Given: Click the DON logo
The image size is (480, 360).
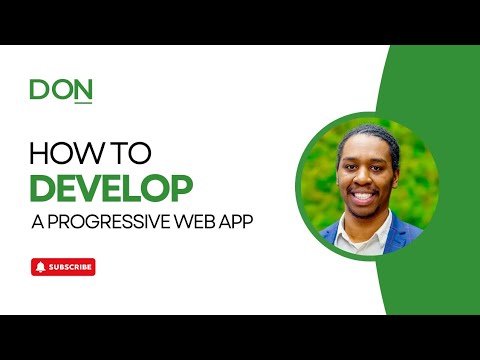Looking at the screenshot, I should [x=61, y=90].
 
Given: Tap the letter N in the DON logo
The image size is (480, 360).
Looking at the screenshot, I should [x=82, y=90].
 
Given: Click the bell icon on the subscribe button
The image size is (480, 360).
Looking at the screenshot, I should [x=40, y=267].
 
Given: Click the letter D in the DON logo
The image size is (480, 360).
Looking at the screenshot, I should [x=39, y=90].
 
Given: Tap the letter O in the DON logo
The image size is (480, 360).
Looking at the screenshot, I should [x=60, y=90].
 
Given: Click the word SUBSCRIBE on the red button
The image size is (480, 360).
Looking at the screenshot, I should [x=70, y=267].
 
